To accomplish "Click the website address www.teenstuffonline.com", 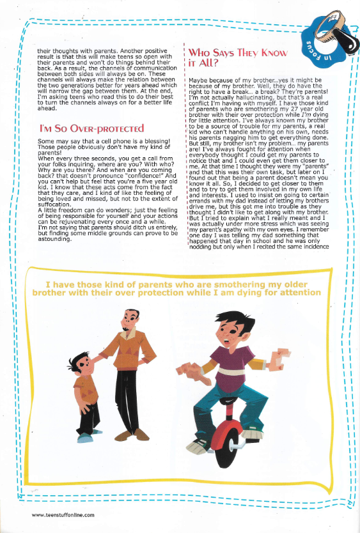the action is [63, 514].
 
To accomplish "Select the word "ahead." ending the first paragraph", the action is [49, 109].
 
